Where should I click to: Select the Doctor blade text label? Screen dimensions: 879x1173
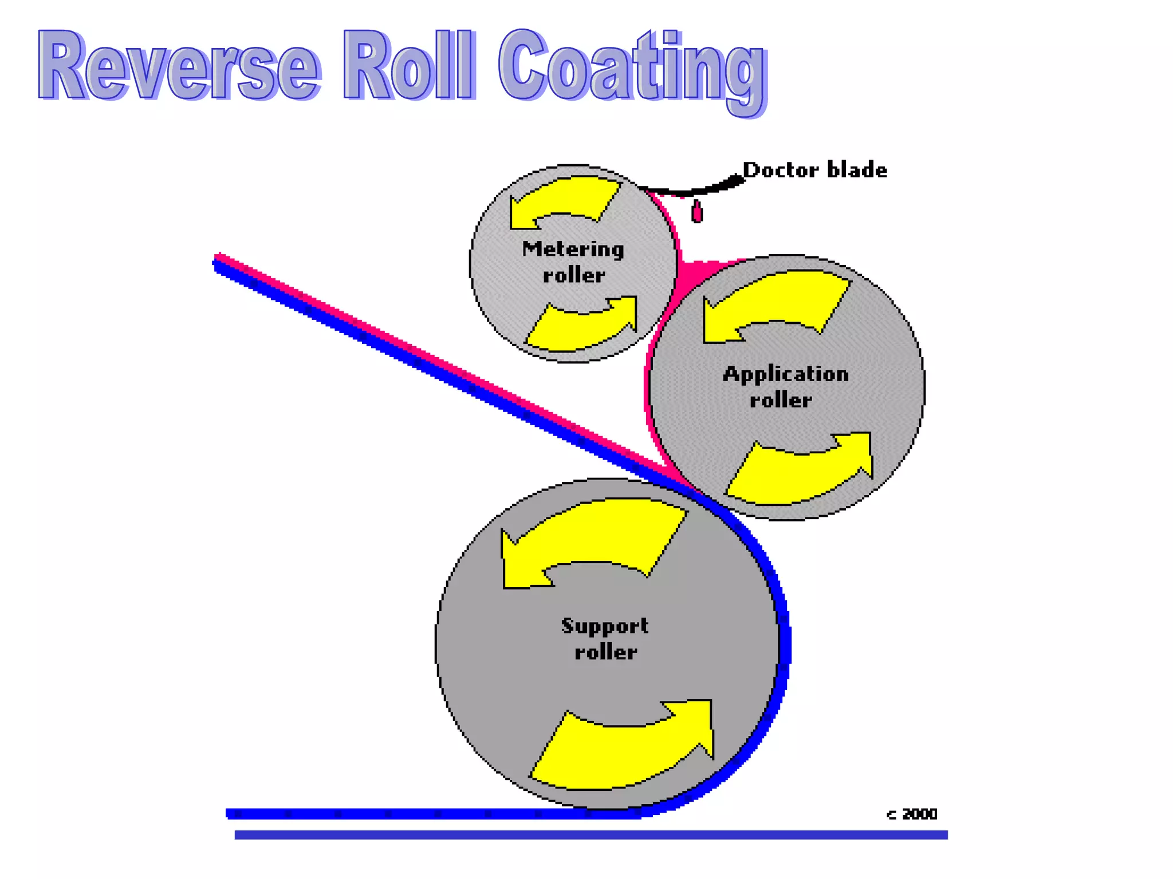[x=814, y=171]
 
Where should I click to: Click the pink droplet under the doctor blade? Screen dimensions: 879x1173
[x=697, y=212]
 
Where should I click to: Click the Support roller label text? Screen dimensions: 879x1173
[x=605, y=639]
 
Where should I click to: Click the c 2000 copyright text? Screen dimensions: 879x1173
[x=912, y=814]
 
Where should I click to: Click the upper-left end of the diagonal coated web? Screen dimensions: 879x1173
[x=221, y=262]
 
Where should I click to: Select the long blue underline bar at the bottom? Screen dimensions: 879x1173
[x=590, y=835]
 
